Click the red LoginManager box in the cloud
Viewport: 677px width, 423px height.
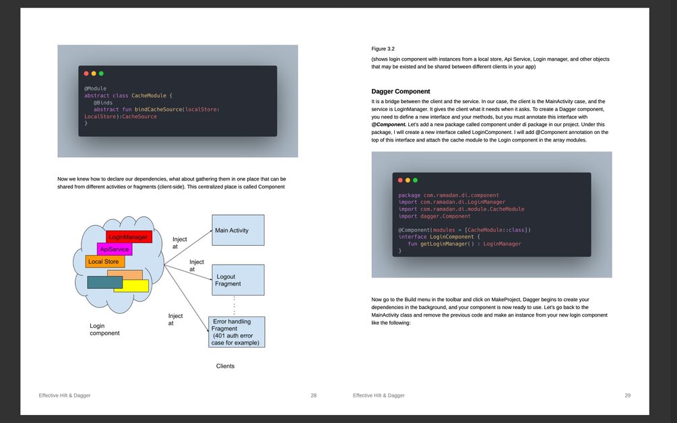click(x=129, y=237)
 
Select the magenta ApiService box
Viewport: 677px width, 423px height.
click(x=114, y=249)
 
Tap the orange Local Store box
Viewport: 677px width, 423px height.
click(x=104, y=261)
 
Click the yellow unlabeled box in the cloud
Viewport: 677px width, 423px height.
click(x=133, y=286)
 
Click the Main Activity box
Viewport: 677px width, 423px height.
click(x=238, y=230)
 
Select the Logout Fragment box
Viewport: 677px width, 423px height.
click(x=238, y=280)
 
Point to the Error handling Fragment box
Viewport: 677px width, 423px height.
click(x=236, y=331)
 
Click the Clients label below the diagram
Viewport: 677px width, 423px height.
click(x=225, y=366)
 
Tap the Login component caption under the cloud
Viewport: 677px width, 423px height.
click(x=104, y=329)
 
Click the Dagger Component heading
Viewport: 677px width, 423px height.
click(x=400, y=91)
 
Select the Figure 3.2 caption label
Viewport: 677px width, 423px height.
click(x=383, y=49)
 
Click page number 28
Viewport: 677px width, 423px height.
click(x=313, y=395)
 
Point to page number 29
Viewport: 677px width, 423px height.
click(x=627, y=395)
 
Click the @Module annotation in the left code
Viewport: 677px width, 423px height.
click(x=95, y=88)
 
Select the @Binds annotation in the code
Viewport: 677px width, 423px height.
click(x=103, y=102)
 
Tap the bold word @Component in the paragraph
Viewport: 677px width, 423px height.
click(x=388, y=125)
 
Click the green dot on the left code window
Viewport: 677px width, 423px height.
click(x=101, y=73)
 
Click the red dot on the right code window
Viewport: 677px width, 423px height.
click(x=400, y=180)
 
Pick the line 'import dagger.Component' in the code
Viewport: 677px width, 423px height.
click(x=434, y=216)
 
